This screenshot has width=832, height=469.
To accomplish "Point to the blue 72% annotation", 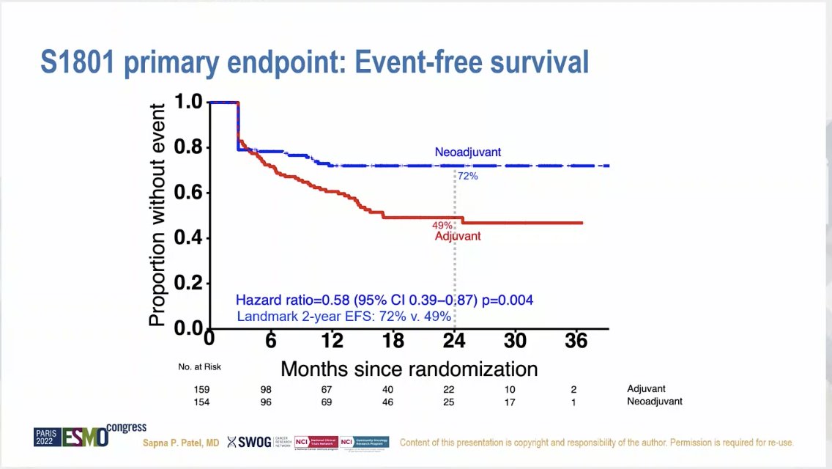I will pos(467,176).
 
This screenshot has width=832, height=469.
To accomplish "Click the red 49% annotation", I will pos(443,226).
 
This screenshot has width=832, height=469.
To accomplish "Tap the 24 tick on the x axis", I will pos(455,341).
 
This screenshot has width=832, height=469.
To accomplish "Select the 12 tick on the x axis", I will pos(332,341).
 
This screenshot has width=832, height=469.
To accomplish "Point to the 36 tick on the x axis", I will pos(577,341).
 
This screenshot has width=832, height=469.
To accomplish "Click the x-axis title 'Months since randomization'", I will pos(409,368).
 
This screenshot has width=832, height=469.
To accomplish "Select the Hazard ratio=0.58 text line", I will pos(385,300).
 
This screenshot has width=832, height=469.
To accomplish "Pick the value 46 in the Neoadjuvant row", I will pos(393,402).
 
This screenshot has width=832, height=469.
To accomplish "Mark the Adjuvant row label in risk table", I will pos(646,389).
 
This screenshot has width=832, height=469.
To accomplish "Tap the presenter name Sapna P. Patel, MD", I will pos(180,443).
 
